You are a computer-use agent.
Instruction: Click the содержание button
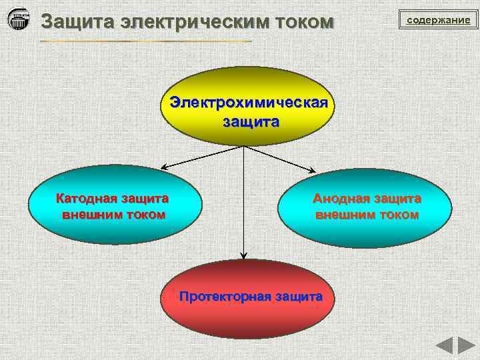point(439,20)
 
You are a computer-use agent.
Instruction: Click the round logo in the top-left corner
point(19,19)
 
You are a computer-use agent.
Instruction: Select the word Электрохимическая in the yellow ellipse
point(248,104)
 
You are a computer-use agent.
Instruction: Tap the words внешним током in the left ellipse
point(113,215)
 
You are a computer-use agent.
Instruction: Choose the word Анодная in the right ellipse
point(341,198)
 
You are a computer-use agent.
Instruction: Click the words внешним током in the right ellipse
point(367,215)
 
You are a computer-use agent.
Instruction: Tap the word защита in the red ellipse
point(299,297)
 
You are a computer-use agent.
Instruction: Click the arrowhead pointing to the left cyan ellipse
point(163,167)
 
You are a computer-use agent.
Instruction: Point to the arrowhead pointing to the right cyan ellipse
point(314,171)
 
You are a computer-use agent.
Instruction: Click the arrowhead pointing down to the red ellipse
point(243,255)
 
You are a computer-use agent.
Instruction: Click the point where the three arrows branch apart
point(243,146)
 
